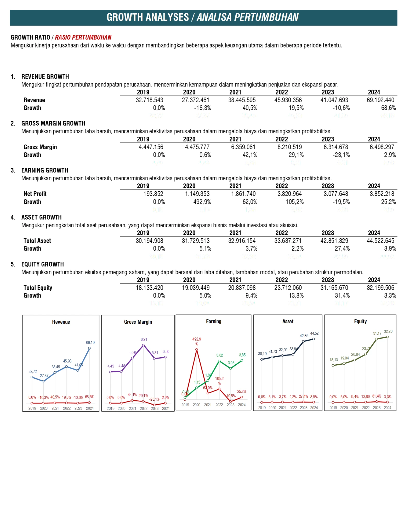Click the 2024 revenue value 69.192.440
pyautogui.click(x=380, y=100)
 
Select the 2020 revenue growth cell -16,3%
pyautogui.click(x=202, y=108)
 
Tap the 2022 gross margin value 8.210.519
pyautogui.click(x=289, y=147)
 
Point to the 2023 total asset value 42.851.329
pyautogui.click(x=334, y=241)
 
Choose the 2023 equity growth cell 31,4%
pyautogui.click(x=342, y=295)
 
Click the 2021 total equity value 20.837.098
pyautogui.click(x=242, y=288)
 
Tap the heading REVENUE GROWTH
pyautogui.click(x=45, y=76)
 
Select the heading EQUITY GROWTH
pyautogui.click(x=43, y=264)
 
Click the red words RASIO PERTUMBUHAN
pyautogui.click(x=83, y=37)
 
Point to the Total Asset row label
pyautogui.click(x=37, y=241)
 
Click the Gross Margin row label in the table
pyautogui.click(x=40, y=147)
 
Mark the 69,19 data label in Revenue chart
pyautogui.click(x=90, y=342)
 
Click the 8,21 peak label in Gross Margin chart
pyautogui.click(x=144, y=339)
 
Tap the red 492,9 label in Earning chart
pyautogui.click(x=197, y=339)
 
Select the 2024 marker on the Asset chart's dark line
pyautogui.click(x=314, y=339)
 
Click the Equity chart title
pyautogui.click(x=360, y=321)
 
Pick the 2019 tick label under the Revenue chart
pyautogui.click(x=32, y=408)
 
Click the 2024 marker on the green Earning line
pyautogui.click(x=242, y=360)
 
